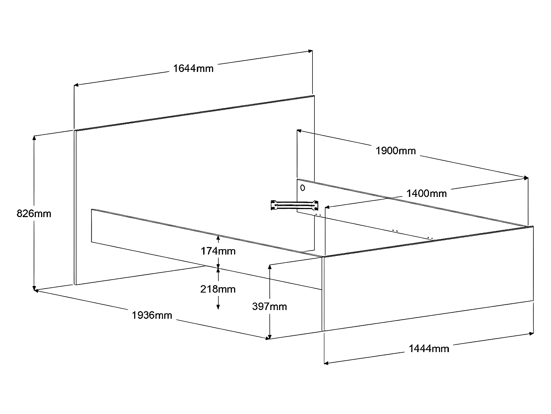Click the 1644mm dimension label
coord(193,68)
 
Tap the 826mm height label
coord(34,213)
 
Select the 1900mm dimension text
coord(396,151)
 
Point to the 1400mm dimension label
coord(427,193)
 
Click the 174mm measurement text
coord(218,251)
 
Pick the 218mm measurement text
coord(218,289)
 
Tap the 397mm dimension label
coord(269,306)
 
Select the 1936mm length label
coord(152,315)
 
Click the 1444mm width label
coord(429,348)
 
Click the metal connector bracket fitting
coord(295,205)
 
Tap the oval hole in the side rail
coord(303,188)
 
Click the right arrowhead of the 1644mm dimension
coord(311,51)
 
